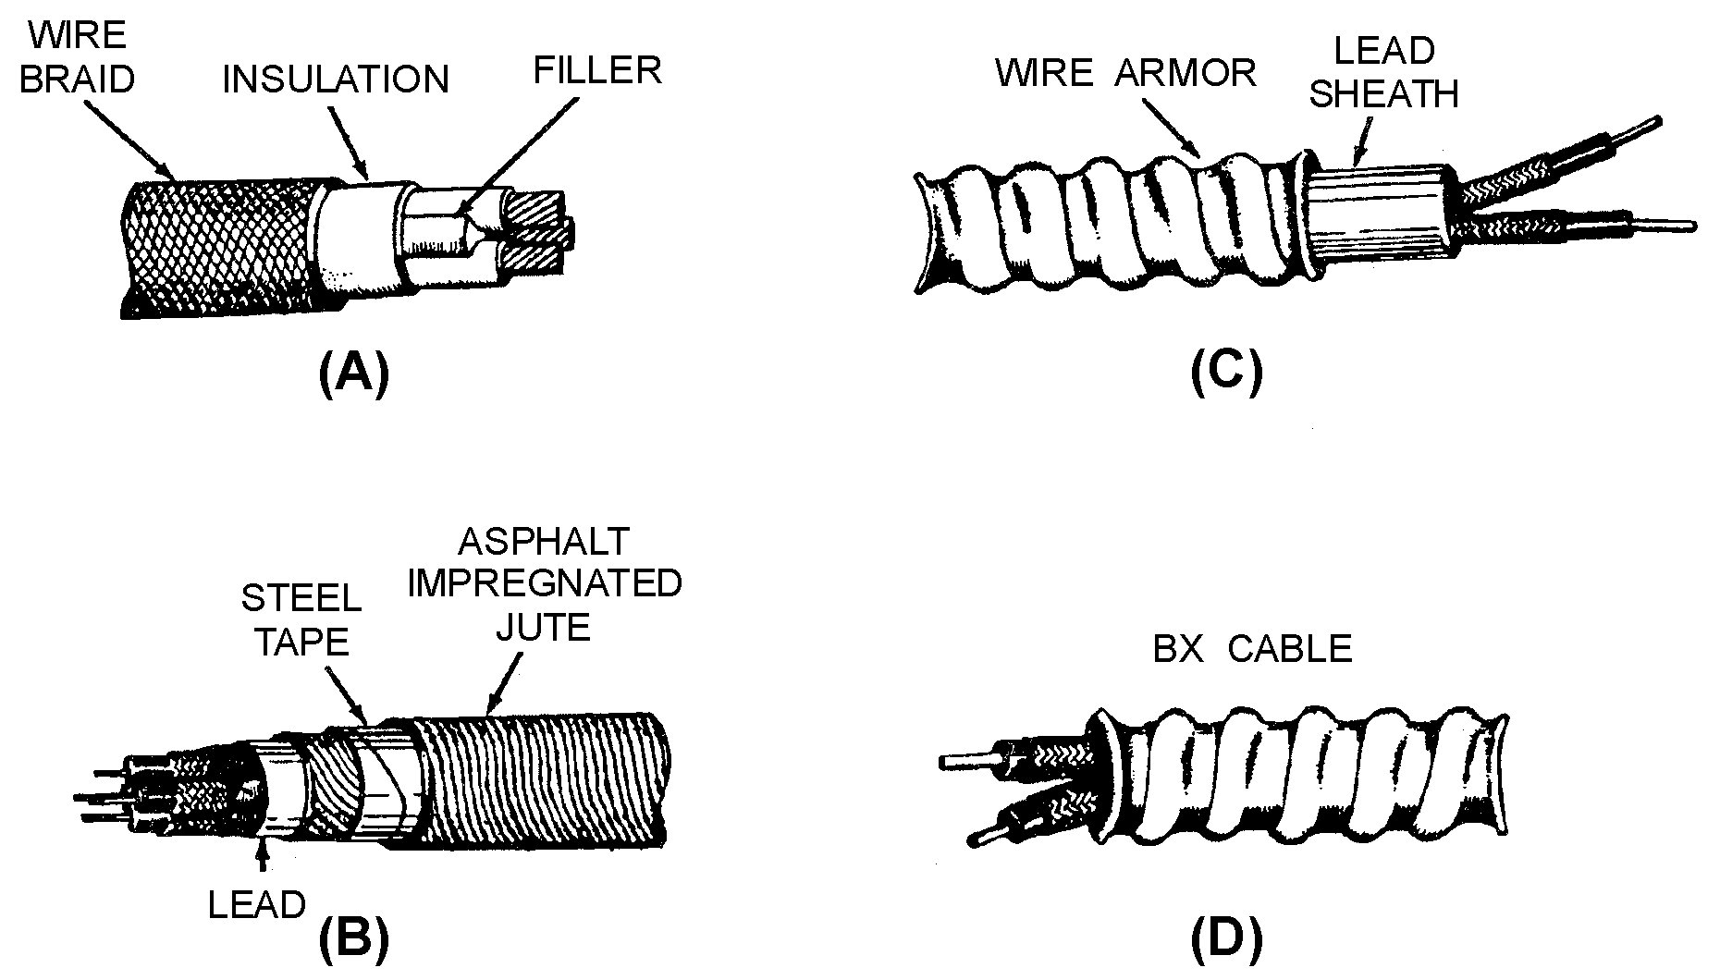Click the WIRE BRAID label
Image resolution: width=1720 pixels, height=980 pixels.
point(77,57)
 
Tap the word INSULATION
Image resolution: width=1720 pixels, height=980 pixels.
point(336,80)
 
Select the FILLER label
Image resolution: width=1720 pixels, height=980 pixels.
point(597,71)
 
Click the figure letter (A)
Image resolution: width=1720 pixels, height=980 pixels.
point(354,375)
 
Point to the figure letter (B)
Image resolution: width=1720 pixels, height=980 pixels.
point(354,940)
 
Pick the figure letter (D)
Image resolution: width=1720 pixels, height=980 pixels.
point(1226,940)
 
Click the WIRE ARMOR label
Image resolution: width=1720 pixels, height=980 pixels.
point(1125,72)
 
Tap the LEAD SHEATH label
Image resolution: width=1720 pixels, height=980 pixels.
point(1383,72)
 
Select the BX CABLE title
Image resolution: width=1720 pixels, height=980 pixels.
point(1252,649)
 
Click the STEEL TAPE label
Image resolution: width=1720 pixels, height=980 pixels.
point(301,620)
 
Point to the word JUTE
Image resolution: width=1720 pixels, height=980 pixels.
point(543,628)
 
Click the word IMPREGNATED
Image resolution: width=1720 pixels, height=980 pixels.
point(545,584)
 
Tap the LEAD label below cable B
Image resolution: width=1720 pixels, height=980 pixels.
point(256,905)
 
